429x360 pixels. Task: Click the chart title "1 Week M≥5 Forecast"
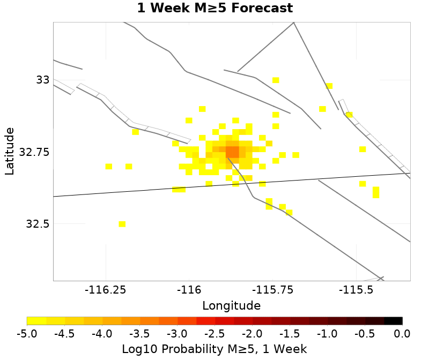pos(214,9)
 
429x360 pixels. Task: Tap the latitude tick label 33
pos(42,80)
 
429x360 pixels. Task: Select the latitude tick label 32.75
pos(34,152)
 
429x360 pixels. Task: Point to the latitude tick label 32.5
pos(38,224)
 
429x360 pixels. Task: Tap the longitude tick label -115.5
pos(355,290)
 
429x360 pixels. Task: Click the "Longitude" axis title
pos(231,306)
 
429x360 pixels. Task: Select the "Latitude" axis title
pos(9,151)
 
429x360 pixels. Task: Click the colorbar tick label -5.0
pos(27,334)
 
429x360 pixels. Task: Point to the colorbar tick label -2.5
pos(214,334)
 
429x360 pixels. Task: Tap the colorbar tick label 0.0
pos(402,334)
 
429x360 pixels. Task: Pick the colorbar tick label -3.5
pos(139,334)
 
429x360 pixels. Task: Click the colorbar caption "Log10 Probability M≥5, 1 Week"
pos(214,349)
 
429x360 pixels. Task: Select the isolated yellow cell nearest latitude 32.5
pos(122,224)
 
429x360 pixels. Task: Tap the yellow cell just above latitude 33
pos(276,80)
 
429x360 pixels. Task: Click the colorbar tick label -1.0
pos(327,334)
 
